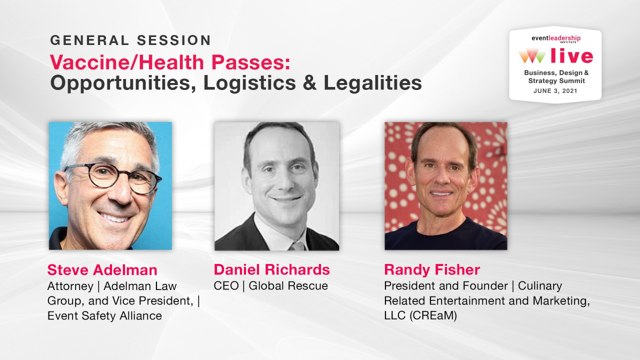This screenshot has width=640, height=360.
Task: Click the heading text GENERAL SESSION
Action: point(130,40)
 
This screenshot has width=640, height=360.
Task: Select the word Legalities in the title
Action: point(372,83)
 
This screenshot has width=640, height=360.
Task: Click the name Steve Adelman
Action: point(102,270)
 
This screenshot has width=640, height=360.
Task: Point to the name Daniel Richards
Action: point(271,270)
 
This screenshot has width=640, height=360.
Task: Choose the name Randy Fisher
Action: point(431,270)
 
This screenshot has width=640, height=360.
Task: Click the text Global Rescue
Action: point(288,286)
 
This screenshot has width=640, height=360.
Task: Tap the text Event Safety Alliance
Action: point(104,315)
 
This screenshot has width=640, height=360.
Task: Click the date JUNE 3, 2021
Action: point(554,91)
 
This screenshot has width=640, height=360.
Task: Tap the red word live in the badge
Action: point(571,56)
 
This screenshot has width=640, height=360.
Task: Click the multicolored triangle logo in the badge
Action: point(532,56)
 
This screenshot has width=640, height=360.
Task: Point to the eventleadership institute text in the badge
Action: point(555,38)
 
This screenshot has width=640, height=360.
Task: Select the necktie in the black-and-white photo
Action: point(297,245)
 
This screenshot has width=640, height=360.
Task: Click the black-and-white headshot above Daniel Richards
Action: point(277,186)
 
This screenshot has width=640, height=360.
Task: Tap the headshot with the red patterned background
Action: point(445,186)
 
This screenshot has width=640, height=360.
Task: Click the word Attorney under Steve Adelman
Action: point(70,286)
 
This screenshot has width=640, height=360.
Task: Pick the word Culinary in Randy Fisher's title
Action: point(540,286)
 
